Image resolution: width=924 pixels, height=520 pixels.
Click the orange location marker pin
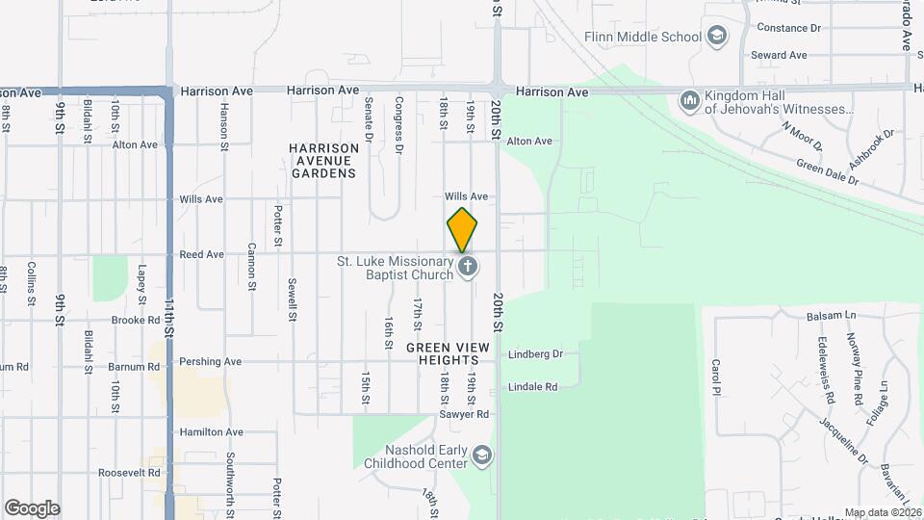[463, 229]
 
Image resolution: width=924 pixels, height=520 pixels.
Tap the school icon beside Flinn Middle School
[716, 38]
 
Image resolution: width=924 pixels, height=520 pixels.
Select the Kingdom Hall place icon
[689, 100]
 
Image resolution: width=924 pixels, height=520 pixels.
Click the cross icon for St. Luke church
[468, 267]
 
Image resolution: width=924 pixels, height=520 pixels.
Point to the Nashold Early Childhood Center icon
[481, 455]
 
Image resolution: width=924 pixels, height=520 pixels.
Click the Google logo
[32, 508]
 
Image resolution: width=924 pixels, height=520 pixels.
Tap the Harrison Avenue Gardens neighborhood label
[324, 161]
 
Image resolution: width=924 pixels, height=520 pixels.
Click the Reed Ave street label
[201, 255]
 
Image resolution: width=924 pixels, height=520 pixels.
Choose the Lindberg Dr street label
[535, 354]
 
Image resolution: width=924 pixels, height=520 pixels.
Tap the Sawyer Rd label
[467, 414]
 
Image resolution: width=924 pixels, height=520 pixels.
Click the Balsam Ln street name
[830, 315]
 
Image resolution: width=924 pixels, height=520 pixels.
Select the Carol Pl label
[716, 377]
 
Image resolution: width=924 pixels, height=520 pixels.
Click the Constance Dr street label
[788, 28]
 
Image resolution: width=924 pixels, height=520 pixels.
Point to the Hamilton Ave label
[211, 432]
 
